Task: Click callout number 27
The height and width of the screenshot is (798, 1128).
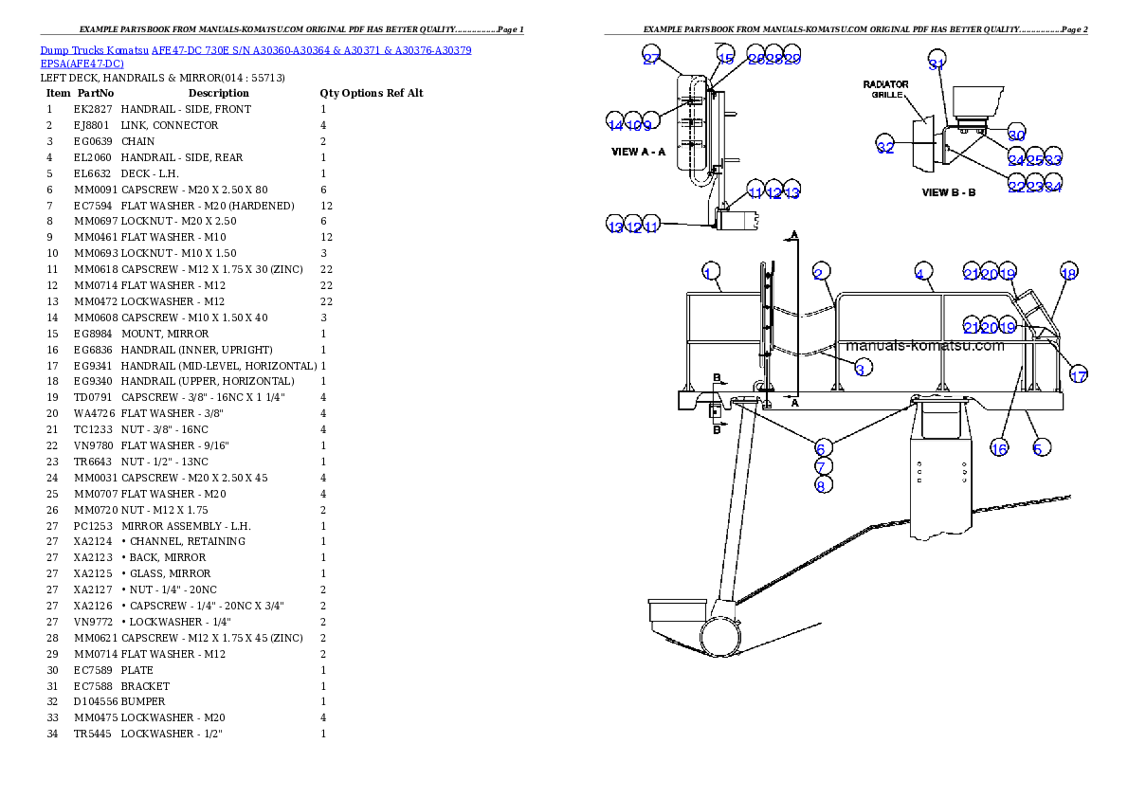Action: tap(651, 57)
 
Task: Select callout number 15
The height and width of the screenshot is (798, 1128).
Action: tap(725, 57)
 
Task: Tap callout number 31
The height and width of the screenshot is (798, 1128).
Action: tap(937, 63)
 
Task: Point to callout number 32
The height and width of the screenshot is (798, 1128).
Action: tap(885, 147)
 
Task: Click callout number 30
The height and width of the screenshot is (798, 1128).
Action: tap(1016, 135)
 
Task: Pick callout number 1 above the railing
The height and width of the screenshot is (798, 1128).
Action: tap(707, 274)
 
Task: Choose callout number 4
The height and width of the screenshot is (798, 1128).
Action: tap(919, 273)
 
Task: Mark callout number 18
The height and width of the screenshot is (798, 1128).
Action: tap(1068, 273)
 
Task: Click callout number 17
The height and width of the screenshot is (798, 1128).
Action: tap(1078, 375)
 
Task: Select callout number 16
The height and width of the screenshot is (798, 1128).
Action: tap(999, 447)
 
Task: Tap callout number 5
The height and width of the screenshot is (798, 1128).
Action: tap(1040, 447)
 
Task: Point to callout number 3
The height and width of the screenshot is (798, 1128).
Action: tap(860, 369)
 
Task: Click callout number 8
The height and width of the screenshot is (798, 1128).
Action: tap(823, 484)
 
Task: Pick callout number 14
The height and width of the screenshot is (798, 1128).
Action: tap(615, 124)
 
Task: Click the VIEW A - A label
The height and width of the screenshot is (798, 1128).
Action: tap(639, 152)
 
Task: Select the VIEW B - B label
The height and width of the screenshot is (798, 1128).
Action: tap(949, 192)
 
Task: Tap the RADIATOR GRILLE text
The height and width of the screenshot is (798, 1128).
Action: tap(886, 90)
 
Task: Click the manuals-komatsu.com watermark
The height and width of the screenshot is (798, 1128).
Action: tap(924, 346)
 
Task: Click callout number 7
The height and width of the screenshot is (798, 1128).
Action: tap(823, 465)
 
